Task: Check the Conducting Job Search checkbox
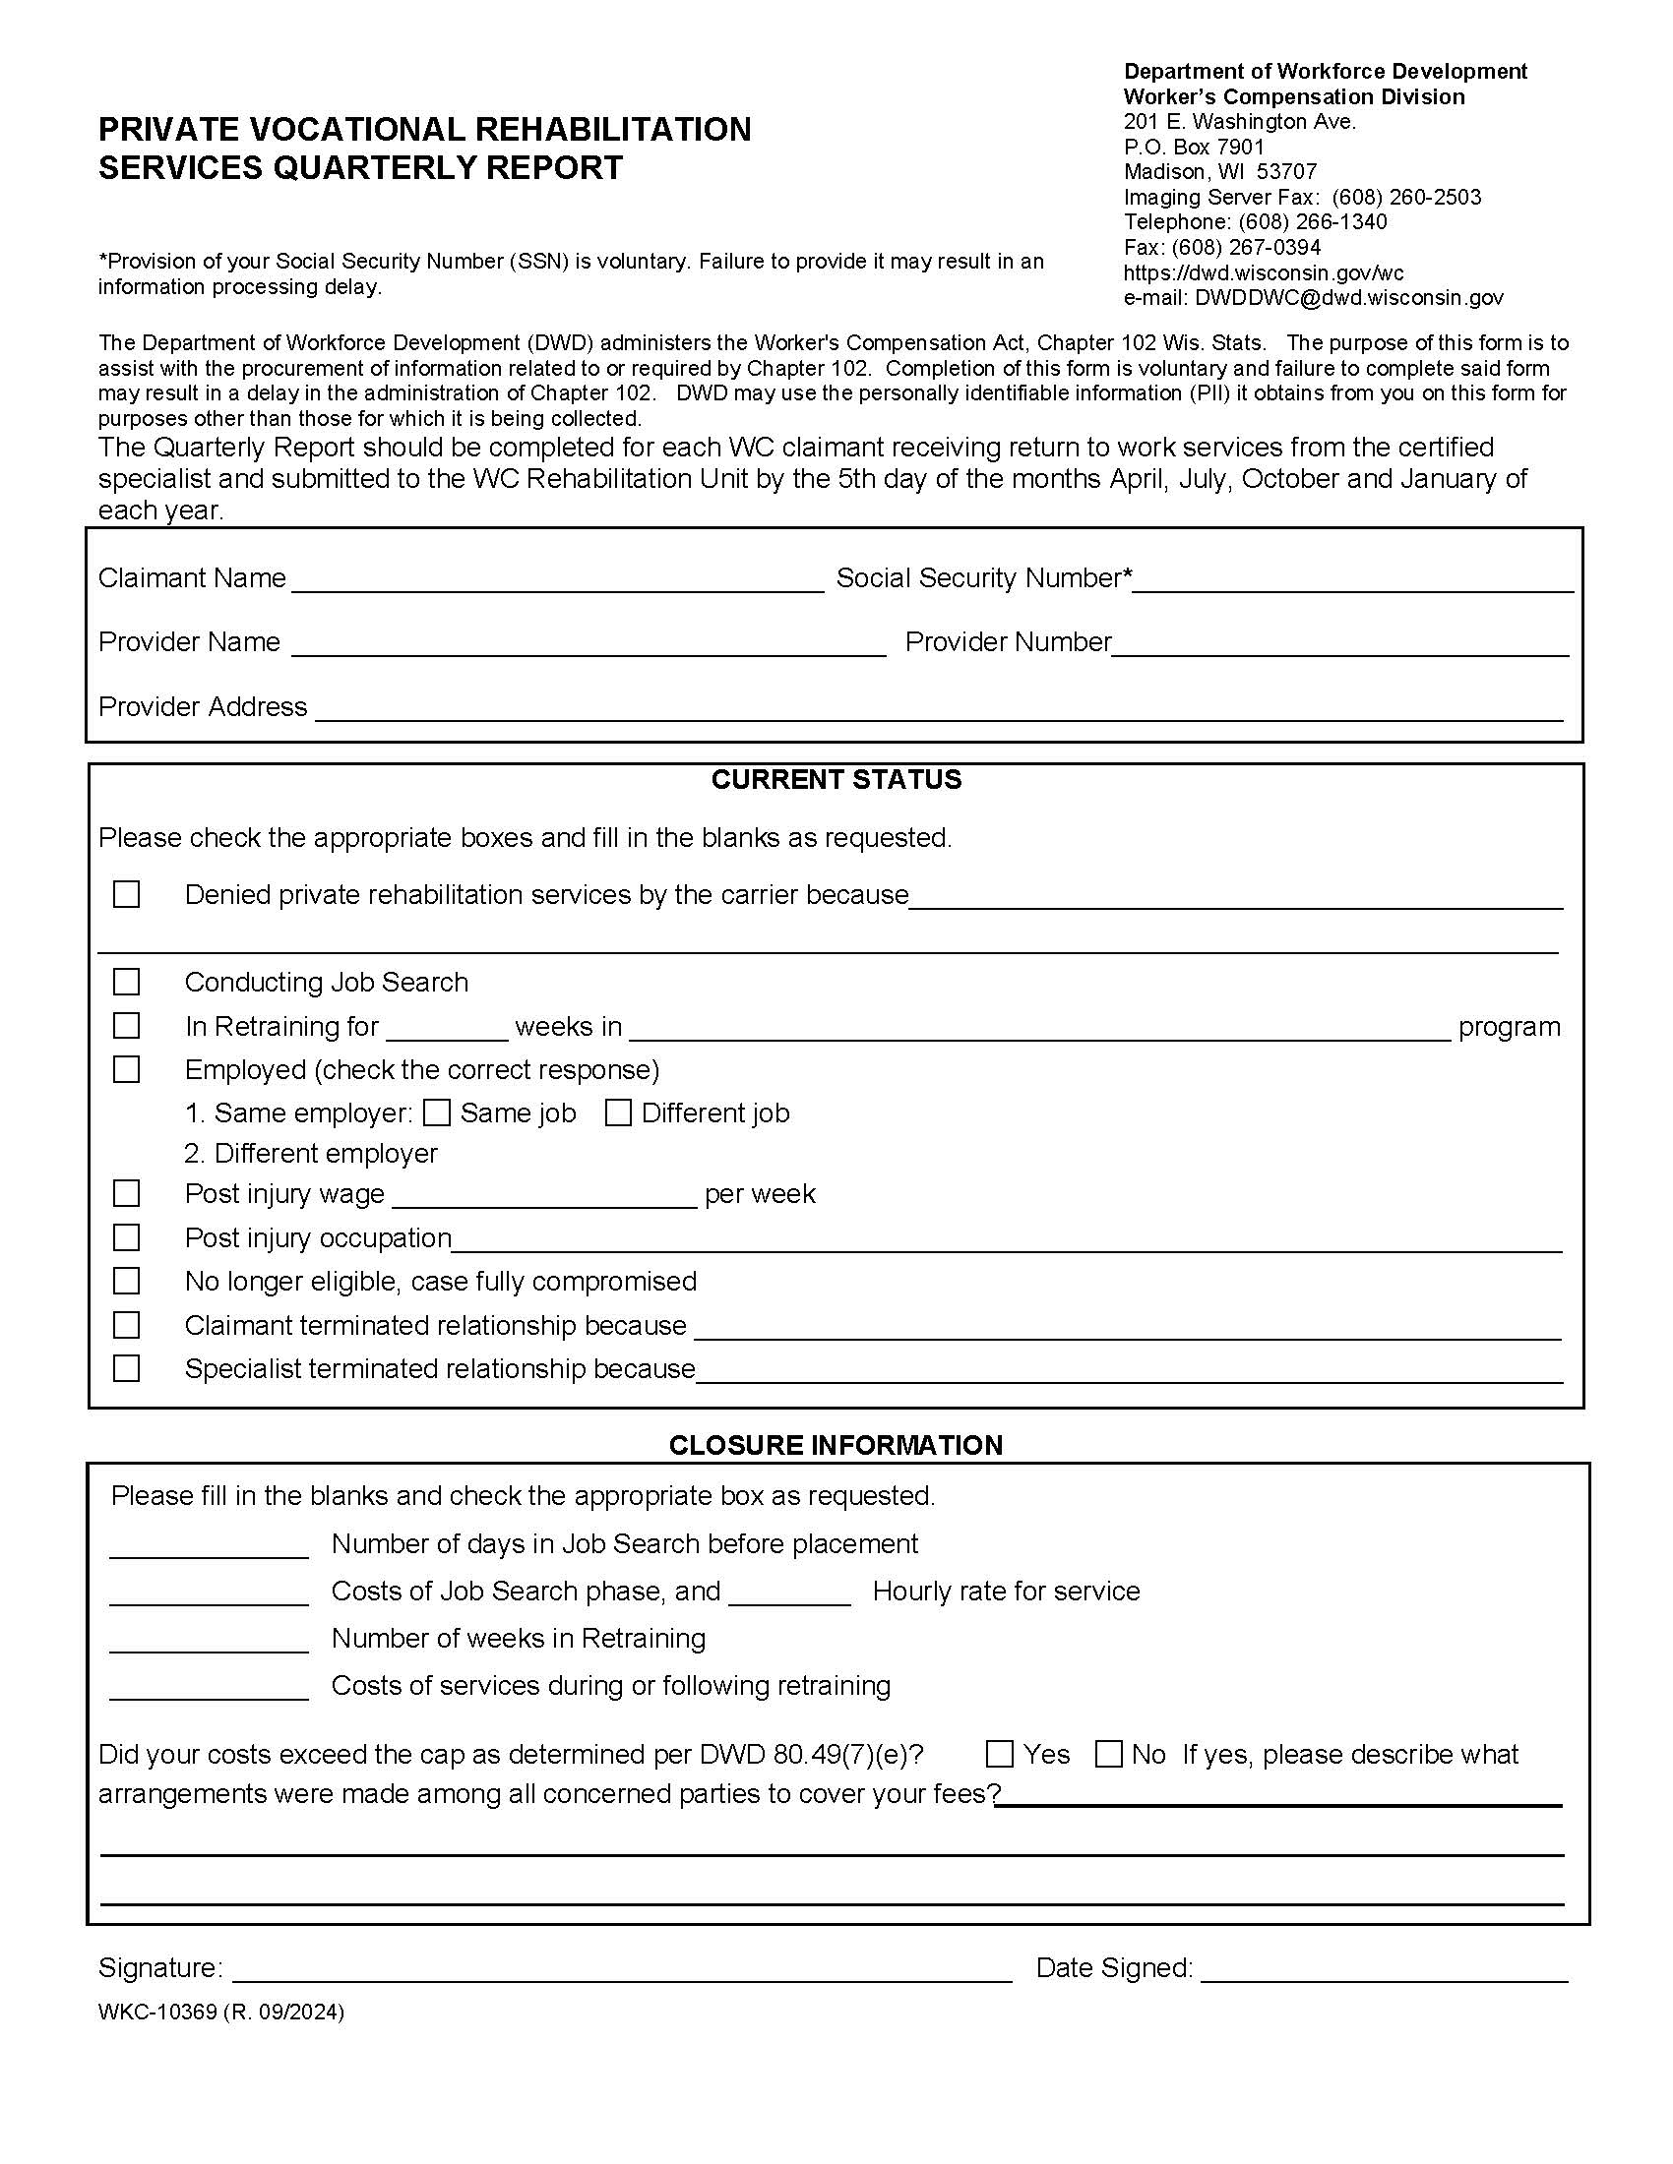point(126,982)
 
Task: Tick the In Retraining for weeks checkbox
point(126,1026)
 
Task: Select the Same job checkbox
point(436,1112)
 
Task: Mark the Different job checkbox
point(618,1112)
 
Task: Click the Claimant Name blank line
point(557,580)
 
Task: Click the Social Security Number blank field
point(1352,580)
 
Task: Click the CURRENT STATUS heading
point(836,780)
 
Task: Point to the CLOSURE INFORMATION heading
point(836,1445)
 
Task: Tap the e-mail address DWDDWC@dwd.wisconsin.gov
point(1348,297)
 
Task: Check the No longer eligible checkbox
point(126,1281)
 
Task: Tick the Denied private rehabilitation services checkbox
point(126,895)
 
